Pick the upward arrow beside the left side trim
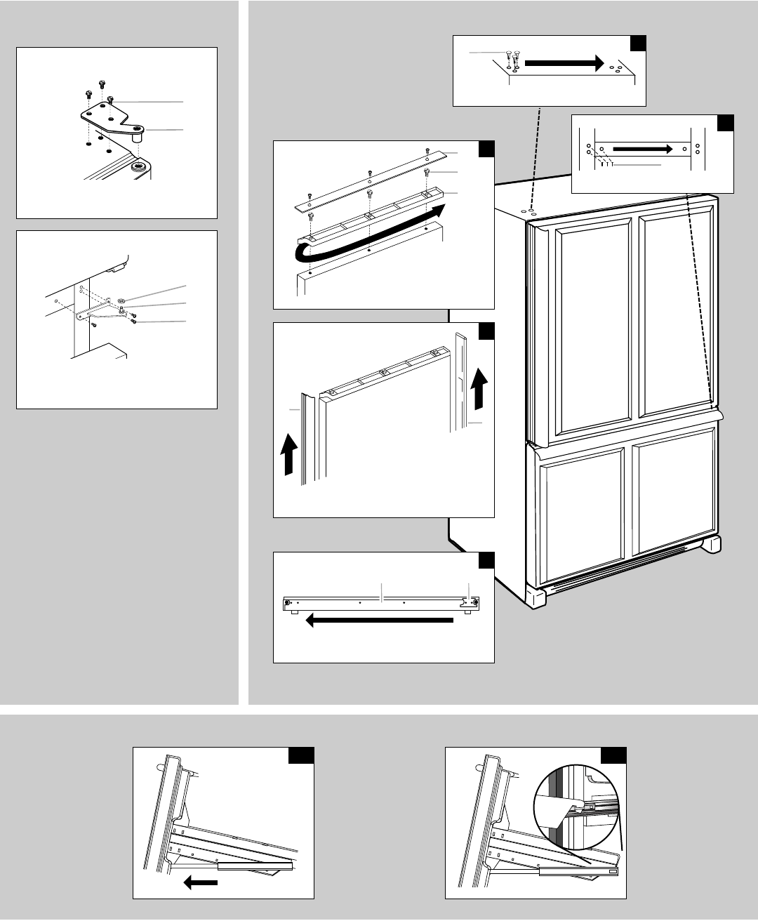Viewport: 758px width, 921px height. click(287, 454)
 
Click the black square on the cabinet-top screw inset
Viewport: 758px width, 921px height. click(637, 44)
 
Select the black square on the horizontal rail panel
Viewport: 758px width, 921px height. click(486, 561)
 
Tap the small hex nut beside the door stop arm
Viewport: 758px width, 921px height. click(120, 300)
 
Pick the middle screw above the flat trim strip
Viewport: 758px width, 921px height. click(369, 172)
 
